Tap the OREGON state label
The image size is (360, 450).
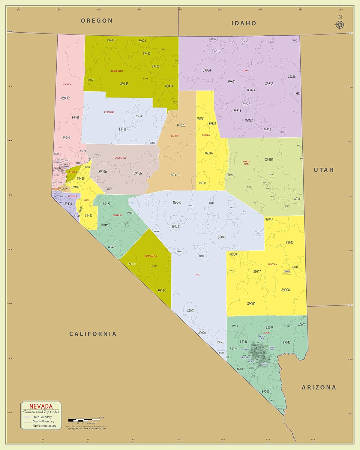coord(97,21)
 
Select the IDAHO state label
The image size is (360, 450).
coord(244,23)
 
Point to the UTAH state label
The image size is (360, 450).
coord(324,170)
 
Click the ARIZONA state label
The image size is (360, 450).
coord(319,387)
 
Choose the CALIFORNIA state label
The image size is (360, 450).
coord(93,334)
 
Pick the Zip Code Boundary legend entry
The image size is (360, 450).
coord(44,426)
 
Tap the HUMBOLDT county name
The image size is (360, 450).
coord(117,71)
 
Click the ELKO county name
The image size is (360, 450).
coord(245,70)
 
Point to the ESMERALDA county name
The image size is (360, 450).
coord(151,256)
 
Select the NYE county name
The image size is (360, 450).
coord(197,274)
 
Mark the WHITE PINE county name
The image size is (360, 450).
coord(246,163)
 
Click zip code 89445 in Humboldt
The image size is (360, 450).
coord(124,84)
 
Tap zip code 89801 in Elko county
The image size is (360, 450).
coord(231,81)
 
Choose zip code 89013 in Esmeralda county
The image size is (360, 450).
coord(161,291)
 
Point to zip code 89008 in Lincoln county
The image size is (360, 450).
coord(285,290)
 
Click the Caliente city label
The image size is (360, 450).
coord(287,272)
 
